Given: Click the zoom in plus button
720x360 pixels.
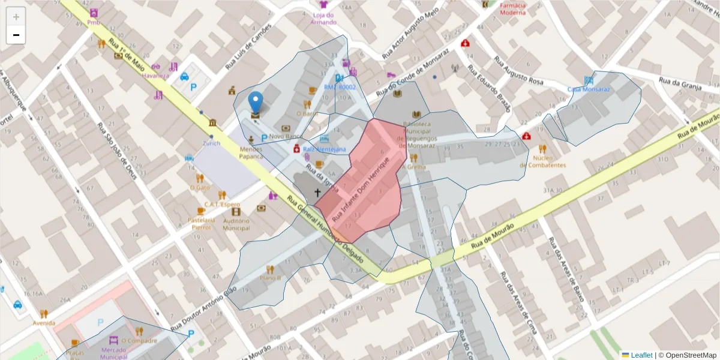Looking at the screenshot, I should (x=16, y=17).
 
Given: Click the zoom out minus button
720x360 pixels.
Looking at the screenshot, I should (x=16, y=35).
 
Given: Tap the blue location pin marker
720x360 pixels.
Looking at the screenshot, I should (x=256, y=103).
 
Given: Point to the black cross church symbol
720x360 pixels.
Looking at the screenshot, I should (x=317, y=193).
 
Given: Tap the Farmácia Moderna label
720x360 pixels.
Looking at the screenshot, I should (x=512, y=8).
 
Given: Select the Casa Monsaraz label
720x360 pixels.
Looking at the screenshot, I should (x=589, y=89).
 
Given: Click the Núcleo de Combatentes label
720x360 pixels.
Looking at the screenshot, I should (x=542, y=161).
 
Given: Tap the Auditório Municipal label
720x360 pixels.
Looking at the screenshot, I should (x=236, y=224).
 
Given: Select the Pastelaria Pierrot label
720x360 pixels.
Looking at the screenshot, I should (x=200, y=223).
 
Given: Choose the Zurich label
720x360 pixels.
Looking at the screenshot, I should (x=211, y=143).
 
